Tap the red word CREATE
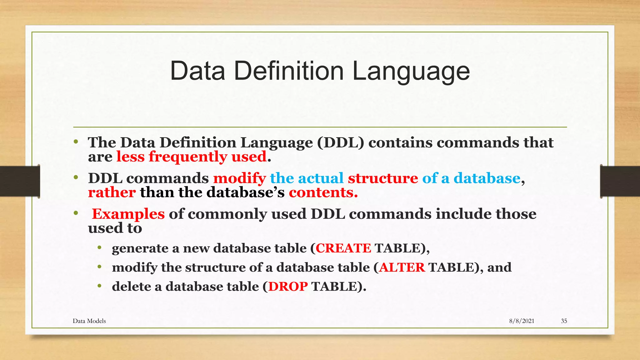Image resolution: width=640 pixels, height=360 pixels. click(343, 248)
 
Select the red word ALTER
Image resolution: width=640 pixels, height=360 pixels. click(402, 267)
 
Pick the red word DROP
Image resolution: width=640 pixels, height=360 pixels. click(288, 287)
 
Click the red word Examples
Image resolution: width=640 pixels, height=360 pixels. click(128, 214)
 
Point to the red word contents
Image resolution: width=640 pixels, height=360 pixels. click(323, 192)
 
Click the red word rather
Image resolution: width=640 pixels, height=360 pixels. click(112, 192)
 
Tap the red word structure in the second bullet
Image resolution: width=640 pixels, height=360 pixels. click(383, 178)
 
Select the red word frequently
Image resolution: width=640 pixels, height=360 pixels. click(187, 157)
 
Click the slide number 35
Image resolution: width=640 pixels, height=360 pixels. click(564, 321)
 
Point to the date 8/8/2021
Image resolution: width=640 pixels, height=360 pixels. click(522, 321)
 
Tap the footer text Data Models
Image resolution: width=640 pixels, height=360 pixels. click(89, 321)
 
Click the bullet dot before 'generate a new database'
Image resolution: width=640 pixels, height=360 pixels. click(99, 248)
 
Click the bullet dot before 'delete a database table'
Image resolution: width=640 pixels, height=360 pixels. click(99, 286)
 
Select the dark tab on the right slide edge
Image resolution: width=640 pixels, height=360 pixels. click(620, 181)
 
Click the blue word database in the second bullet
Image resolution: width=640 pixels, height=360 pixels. click(487, 178)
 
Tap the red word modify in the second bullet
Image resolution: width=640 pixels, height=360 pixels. click(239, 178)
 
